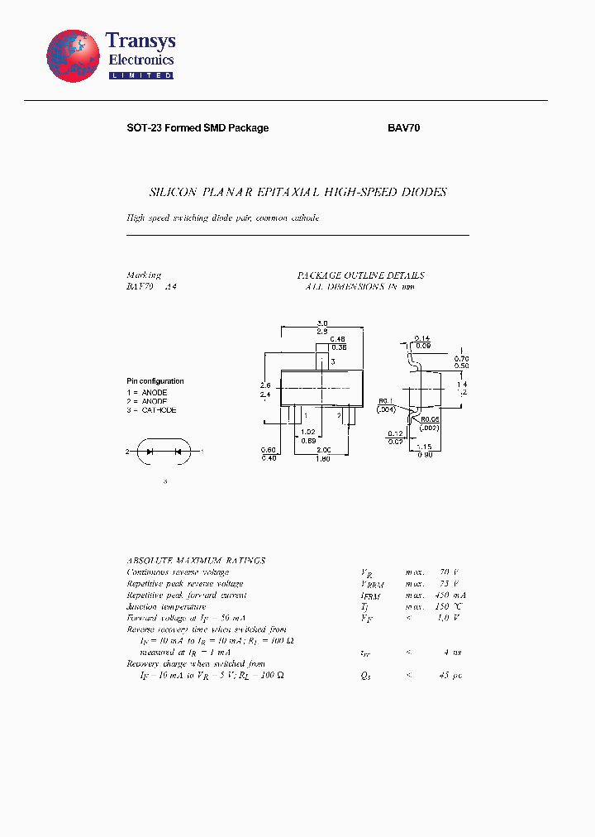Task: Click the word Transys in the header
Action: (x=140, y=41)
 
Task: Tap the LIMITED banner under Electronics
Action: (x=141, y=75)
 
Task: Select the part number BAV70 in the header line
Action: (x=404, y=128)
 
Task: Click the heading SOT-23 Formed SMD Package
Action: (x=198, y=128)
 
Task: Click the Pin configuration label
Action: (x=155, y=381)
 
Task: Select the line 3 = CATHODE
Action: (x=151, y=410)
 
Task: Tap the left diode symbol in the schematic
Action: (x=150, y=452)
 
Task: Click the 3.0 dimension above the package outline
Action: (x=321, y=323)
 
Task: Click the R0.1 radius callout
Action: (x=386, y=400)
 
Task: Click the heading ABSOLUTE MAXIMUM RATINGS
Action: (x=196, y=561)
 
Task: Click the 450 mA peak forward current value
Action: (x=444, y=595)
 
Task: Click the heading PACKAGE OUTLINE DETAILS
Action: (x=361, y=275)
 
